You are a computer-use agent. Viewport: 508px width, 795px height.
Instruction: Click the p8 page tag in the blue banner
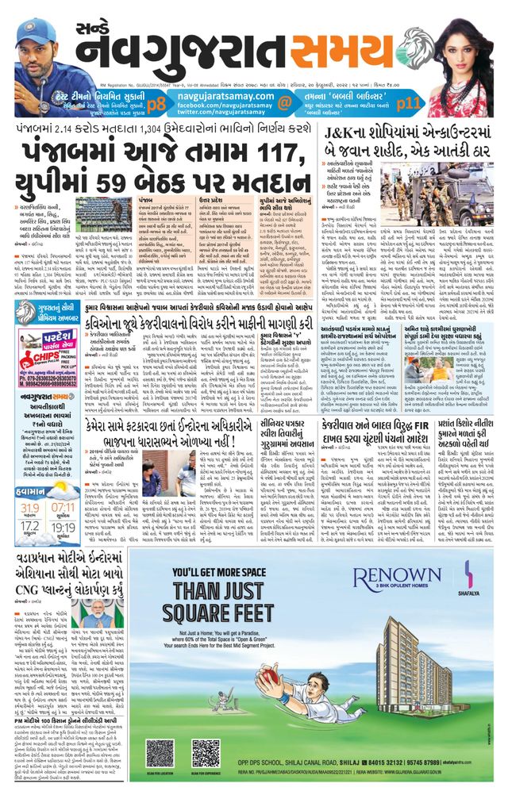[156, 102]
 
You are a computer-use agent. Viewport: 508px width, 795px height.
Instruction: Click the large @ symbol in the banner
[284, 102]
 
